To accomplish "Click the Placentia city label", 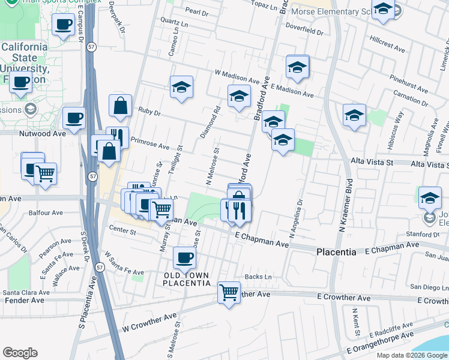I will [x=336, y=253].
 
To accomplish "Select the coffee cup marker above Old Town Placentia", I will [x=184, y=258].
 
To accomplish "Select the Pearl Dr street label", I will [x=196, y=10].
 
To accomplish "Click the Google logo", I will [x=20, y=353].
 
